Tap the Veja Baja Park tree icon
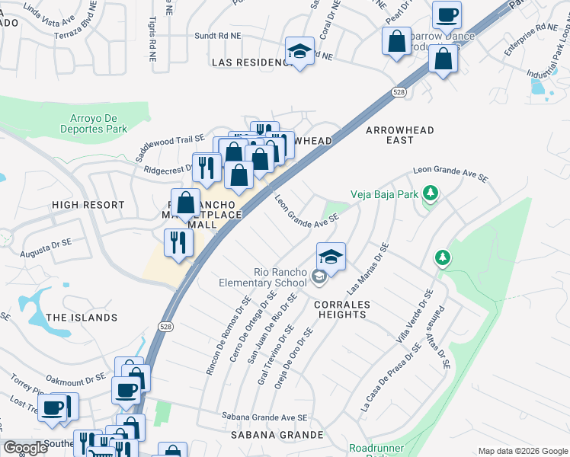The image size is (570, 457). [431, 193]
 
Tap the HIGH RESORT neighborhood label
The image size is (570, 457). [88, 205]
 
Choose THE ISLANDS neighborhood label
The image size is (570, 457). [82, 317]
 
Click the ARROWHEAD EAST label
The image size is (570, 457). [400, 135]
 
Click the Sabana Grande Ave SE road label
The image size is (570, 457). [264, 417]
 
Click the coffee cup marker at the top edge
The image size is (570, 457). [447, 14]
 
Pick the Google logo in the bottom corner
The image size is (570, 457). [25, 447]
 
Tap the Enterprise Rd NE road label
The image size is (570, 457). [531, 40]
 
